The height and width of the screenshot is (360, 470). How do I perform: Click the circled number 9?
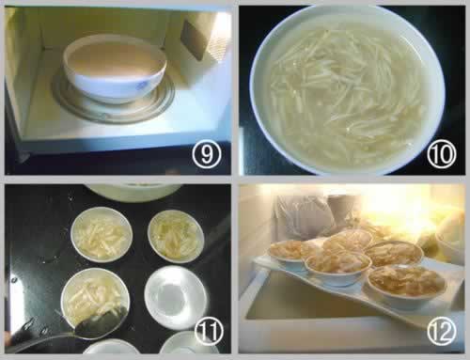click(x=207, y=155)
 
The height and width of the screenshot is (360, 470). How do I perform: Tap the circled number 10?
click(x=442, y=155)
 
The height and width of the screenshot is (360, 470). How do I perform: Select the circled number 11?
click(x=209, y=332)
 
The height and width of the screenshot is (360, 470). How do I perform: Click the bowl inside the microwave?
click(x=115, y=69)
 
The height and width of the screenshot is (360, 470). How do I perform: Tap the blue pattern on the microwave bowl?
click(x=143, y=84)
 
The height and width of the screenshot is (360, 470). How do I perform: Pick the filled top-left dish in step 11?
click(x=102, y=235)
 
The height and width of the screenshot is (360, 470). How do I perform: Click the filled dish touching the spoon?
click(x=95, y=298)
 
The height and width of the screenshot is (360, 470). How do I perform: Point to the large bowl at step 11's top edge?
click(x=133, y=192)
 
